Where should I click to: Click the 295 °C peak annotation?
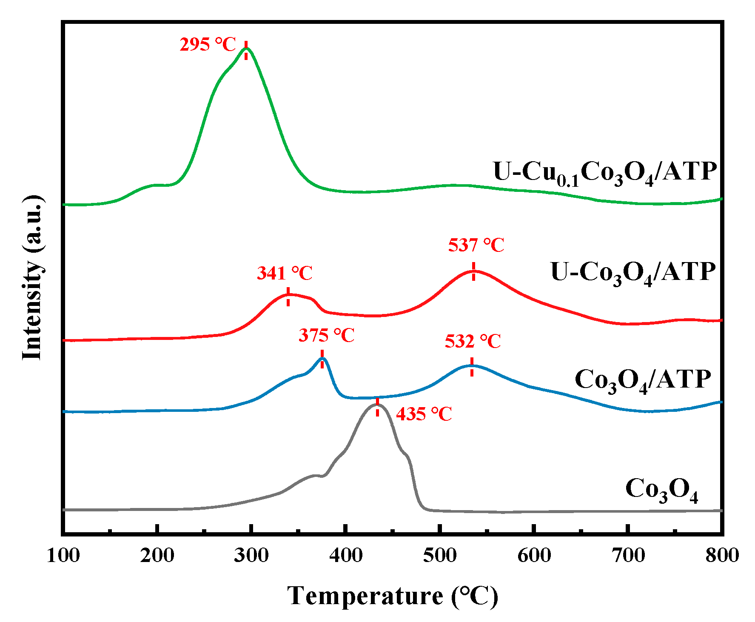[x=208, y=45]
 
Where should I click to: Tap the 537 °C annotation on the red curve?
[x=476, y=245]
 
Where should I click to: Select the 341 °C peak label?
[x=285, y=273]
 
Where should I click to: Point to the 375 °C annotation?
[x=326, y=336]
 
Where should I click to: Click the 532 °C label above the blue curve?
[x=473, y=342]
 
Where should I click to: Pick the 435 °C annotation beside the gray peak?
[x=424, y=414]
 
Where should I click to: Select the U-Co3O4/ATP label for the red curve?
[x=633, y=273]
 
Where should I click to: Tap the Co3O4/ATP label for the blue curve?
[x=642, y=380]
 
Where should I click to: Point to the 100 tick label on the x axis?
[x=63, y=556]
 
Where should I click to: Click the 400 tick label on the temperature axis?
[x=346, y=556]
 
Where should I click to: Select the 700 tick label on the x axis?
[x=628, y=556]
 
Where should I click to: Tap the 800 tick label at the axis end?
[x=722, y=556]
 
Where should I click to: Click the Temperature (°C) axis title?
[x=392, y=596]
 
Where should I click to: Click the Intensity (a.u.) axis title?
[x=33, y=277]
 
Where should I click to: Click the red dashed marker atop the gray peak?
[x=377, y=407]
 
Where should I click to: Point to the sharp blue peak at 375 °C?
[x=323, y=359]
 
